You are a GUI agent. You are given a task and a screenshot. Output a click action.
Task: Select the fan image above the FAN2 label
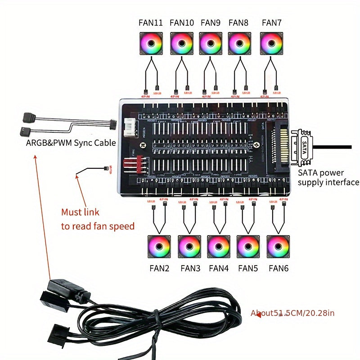pos(159,246)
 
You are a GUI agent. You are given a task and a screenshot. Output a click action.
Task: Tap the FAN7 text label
pos(272,22)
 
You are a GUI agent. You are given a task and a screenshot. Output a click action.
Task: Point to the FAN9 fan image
pos(210,44)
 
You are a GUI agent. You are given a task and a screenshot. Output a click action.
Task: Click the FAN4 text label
pos(219,269)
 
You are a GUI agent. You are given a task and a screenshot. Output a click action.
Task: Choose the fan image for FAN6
pos(278,246)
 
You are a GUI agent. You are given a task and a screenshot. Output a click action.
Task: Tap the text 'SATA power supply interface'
pos(328,178)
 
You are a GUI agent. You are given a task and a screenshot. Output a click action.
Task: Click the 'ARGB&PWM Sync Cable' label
pos(71,143)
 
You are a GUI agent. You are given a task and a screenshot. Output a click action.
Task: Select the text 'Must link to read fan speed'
pos(98,219)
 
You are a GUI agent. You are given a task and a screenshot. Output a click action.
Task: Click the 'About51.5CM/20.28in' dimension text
pos(292,313)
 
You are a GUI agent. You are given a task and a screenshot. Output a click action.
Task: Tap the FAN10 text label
pos(182,22)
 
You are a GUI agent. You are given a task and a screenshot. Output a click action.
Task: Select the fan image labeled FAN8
pos(239,44)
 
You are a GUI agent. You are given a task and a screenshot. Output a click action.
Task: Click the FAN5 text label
pos(248,269)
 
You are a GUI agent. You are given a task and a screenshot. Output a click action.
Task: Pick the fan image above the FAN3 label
pos(189,246)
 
